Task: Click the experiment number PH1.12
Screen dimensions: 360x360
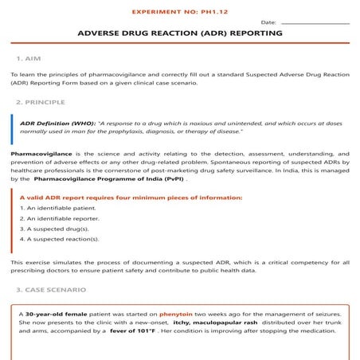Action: (x=180, y=14)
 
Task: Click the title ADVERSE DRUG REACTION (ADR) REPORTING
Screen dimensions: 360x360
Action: (x=180, y=34)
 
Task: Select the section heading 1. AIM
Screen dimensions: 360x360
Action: (x=29, y=59)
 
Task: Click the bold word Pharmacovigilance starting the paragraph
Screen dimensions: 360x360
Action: (x=39, y=152)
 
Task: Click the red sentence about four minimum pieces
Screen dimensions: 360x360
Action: (x=131, y=197)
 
